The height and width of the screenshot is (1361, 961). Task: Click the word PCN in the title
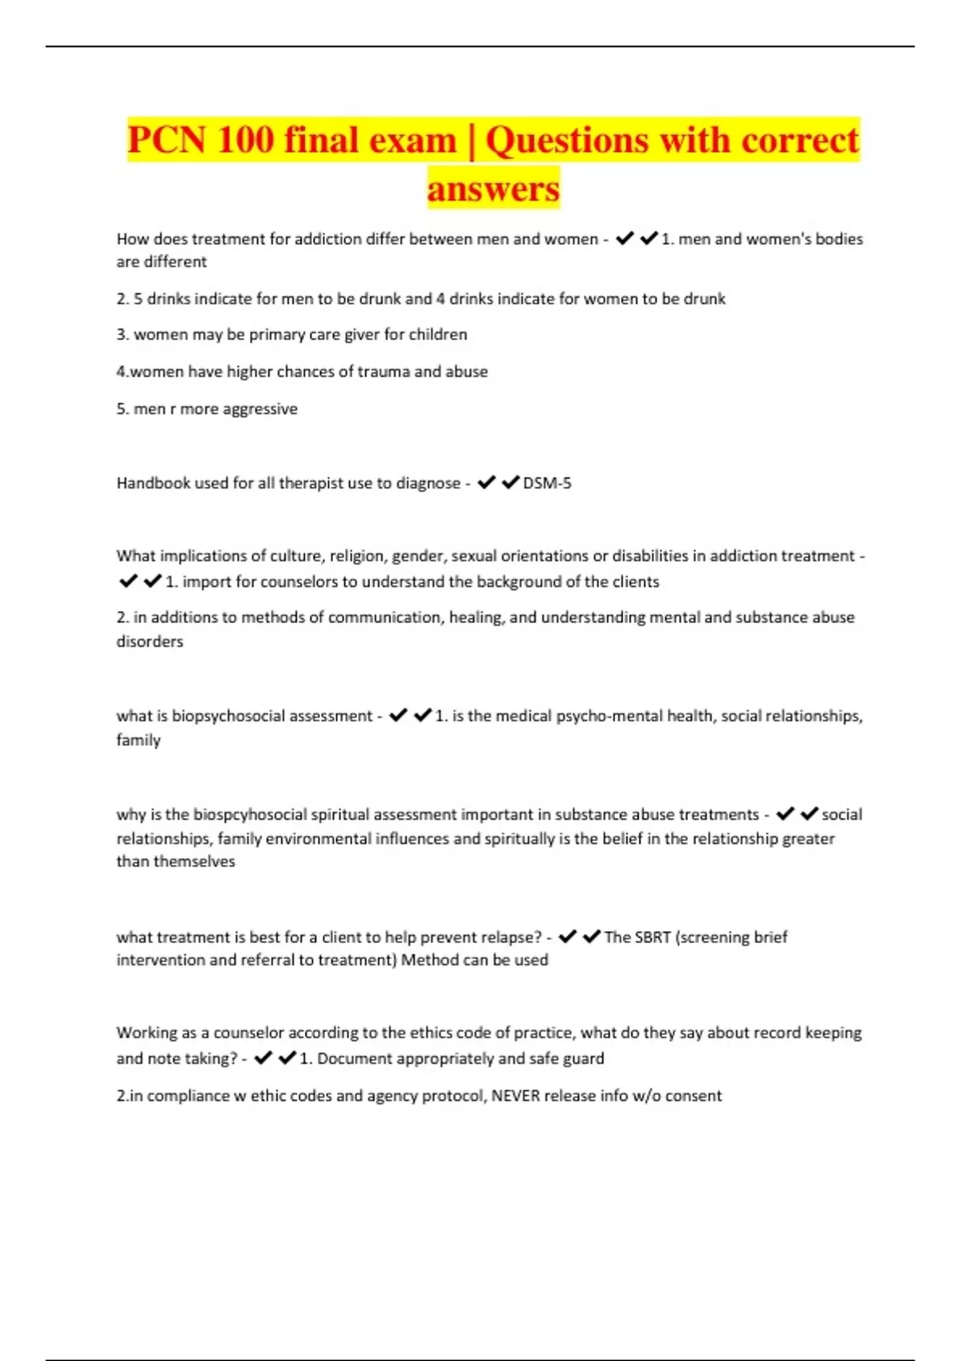pos(167,140)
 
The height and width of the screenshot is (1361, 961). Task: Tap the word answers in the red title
pos(493,189)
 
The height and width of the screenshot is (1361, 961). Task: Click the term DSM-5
pos(547,483)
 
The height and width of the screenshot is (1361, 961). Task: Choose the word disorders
pos(150,641)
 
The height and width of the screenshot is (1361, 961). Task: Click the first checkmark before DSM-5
pos(486,483)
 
